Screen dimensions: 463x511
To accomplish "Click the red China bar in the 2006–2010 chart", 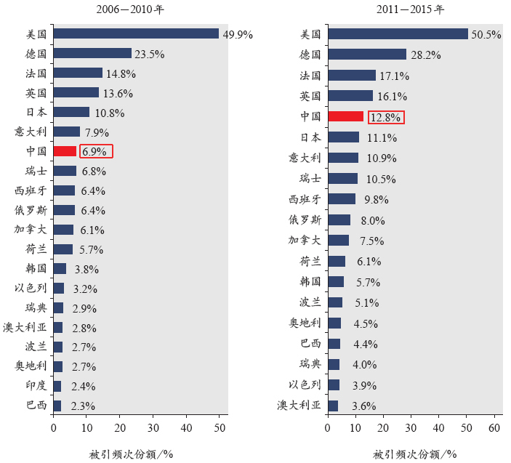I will (65, 151).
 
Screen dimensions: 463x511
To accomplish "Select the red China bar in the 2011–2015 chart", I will (345, 116).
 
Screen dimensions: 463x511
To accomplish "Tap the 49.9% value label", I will (237, 34).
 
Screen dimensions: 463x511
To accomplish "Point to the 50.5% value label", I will (486, 34).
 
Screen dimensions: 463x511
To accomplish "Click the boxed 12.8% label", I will (386, 116).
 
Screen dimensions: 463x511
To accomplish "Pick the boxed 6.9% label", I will (95, 151).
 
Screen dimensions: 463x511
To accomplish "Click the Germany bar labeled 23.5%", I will (92, 53).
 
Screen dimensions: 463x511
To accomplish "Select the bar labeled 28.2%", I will (367, 54).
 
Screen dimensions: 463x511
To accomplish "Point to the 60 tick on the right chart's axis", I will (494, 428).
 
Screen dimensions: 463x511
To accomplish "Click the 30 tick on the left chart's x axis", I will (153, 428).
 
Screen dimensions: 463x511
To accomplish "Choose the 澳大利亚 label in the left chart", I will (25, 327).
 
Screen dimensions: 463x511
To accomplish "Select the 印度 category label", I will (36, 386).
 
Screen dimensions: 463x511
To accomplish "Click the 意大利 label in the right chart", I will (305, 158).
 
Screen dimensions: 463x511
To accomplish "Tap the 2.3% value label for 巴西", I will (83, 406).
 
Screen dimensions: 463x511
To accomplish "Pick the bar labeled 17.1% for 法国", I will (352, 75).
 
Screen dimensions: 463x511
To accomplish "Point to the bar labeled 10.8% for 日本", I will (71, 112).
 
